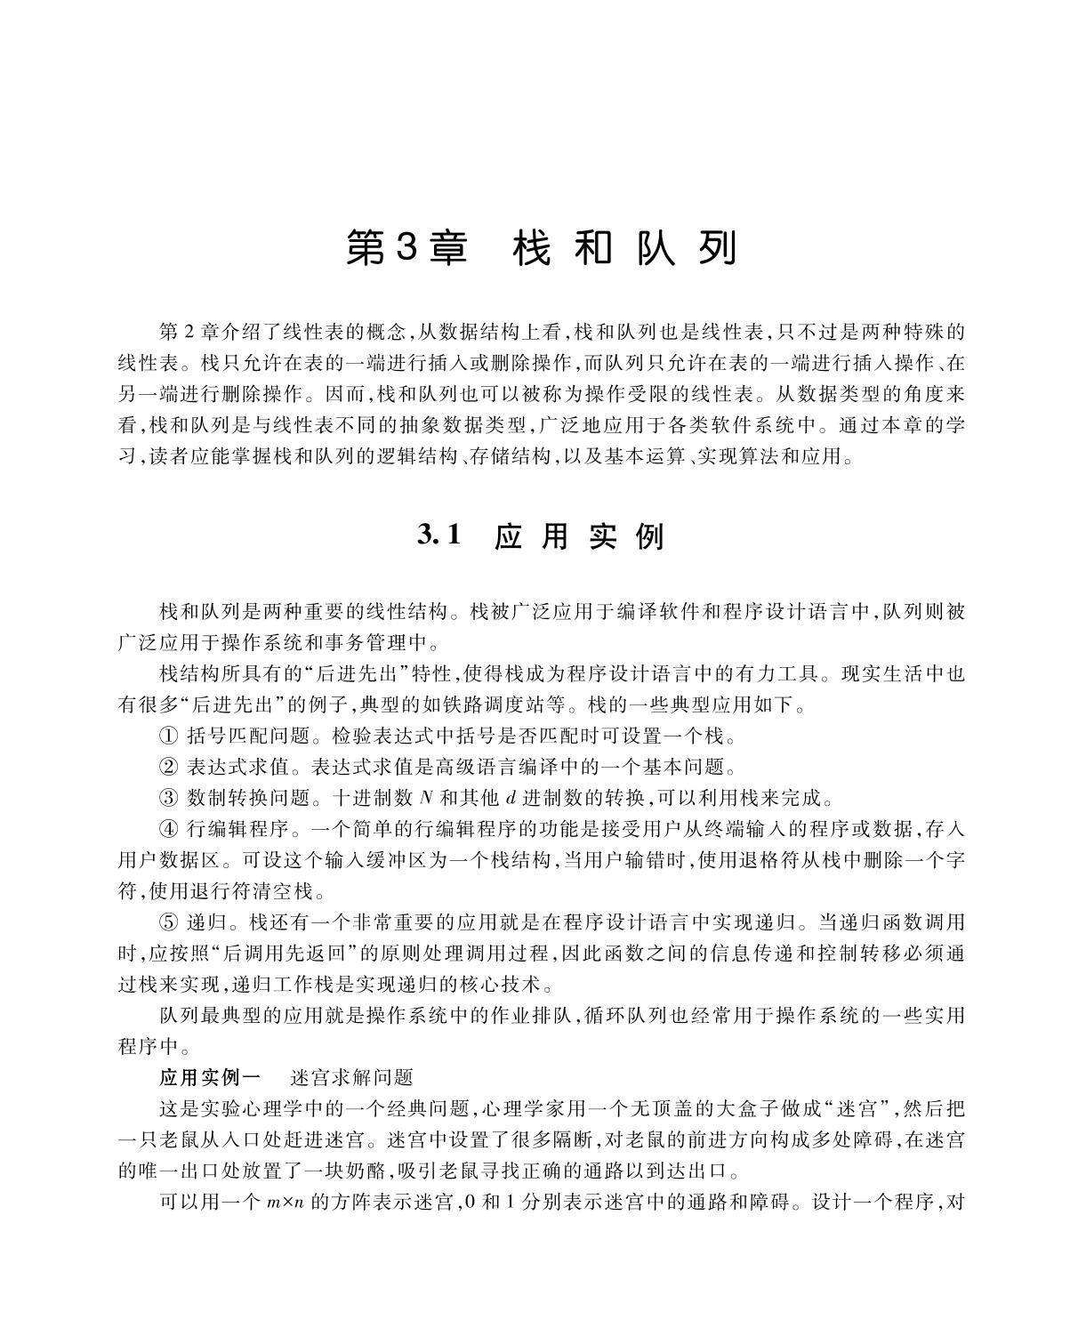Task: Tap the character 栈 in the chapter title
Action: click(x=531, y=248)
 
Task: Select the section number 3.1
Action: click(x=440, y=535)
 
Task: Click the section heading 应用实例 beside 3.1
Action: click(x=579, y=536)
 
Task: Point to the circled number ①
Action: click(x=169, y=736)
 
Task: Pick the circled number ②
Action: click(x=169, y=767)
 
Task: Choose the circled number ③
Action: click(x=169, y=797)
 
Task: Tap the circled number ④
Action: click(x=169, y=829)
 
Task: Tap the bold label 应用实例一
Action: click(x=210, y=1077)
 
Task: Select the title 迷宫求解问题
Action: click(x=352, y=1077)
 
